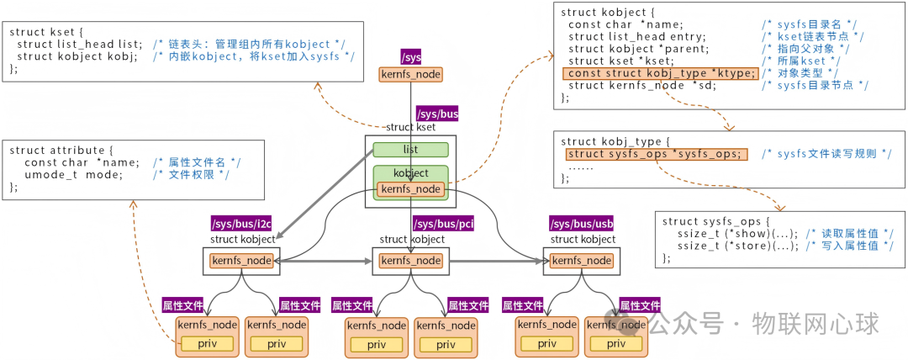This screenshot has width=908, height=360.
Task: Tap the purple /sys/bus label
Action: coord(437,114)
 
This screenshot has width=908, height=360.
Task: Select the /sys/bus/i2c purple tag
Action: coord(241,224)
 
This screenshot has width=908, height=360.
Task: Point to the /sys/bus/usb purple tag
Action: coord(581,224)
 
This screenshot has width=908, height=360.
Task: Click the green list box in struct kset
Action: coord(410,150)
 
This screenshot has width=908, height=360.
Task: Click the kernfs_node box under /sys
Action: coord(410,74)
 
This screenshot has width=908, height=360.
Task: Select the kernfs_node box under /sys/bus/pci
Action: coord(410,261)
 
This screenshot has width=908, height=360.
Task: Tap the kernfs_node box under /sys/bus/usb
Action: coord(581,261)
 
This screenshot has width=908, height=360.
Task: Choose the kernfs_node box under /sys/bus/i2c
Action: coord(242,261)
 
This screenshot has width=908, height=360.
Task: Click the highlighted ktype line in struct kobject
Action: coord(660,73)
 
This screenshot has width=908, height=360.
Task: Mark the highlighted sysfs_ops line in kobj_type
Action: coord(654,154)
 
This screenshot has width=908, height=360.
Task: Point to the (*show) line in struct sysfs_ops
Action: coord(779,233)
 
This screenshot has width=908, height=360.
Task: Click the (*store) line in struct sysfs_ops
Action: coord(779,246)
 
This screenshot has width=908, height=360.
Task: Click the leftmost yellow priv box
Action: coord(207,343)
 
